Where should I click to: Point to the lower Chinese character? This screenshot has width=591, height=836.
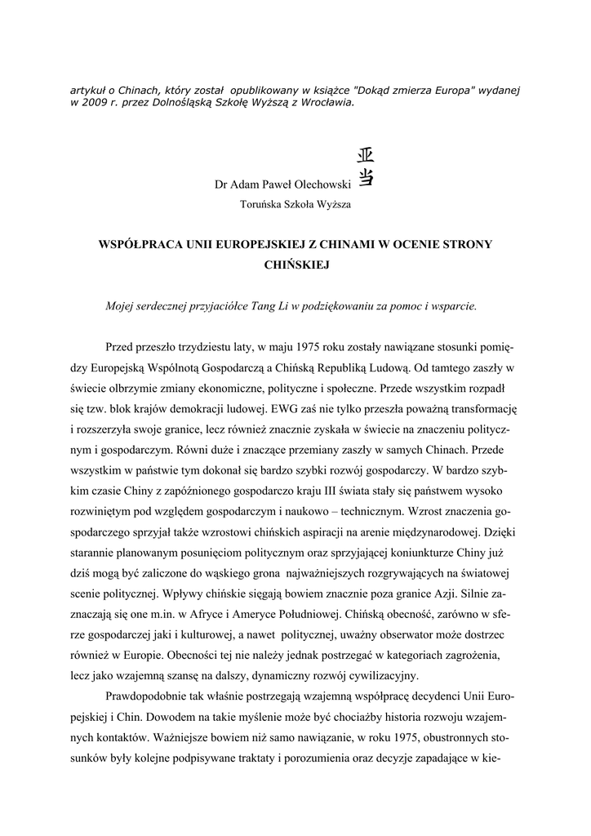click(366, 175)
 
